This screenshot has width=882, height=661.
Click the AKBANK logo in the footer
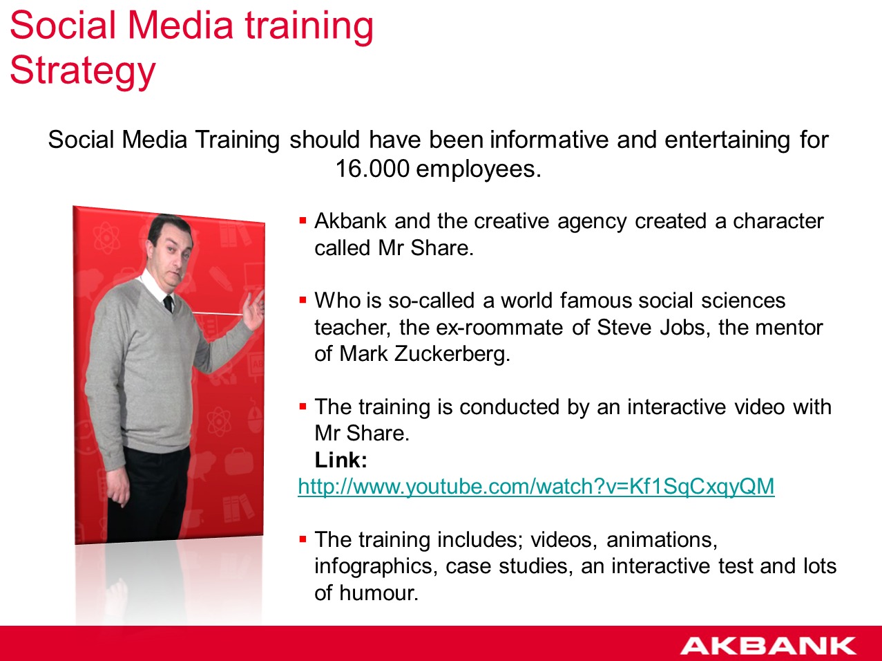pos(768,645)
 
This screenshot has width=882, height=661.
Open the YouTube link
pos(536,487)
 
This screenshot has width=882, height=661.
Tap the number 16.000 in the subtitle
pos(372,169)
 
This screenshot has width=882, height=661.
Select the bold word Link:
pos(341,460)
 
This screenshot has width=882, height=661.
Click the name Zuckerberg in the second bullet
pos(452,354)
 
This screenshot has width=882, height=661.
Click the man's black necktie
pos(168,304)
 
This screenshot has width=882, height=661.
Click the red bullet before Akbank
pos(303,221)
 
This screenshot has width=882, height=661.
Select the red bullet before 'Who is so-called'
pos(303,300)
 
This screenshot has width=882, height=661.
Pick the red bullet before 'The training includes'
pos(303,539)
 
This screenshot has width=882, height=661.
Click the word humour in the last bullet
pos(378,593)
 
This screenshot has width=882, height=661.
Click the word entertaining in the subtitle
pos(727,140)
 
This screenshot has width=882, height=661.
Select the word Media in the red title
pos(181,26)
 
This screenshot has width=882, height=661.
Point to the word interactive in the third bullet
pos(677,407)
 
